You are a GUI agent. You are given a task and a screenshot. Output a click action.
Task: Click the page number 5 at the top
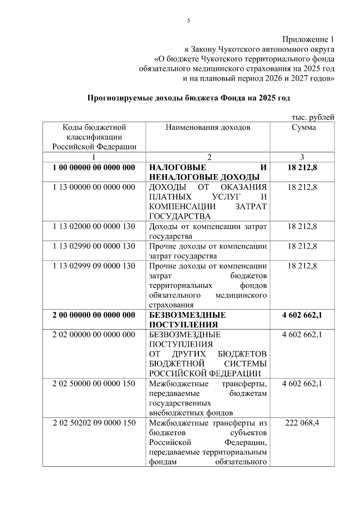[x=188, y=21]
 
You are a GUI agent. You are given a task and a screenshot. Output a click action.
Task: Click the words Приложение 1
[x=308, y=40]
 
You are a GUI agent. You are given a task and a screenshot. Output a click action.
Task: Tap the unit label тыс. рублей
[x=313, y=118]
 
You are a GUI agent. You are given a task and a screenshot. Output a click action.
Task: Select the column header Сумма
[x=304, y=127]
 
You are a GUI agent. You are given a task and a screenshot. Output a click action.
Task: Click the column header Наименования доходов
[x=208, y=127]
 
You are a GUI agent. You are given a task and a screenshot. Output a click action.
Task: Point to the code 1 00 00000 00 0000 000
[x=94, y=167]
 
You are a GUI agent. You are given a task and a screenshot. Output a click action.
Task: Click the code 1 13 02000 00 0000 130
[x=94, y=226]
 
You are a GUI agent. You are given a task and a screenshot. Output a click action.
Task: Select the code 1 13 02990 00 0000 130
[x=94, y=246]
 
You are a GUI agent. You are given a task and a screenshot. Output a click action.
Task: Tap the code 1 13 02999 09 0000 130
[x=94, y=266]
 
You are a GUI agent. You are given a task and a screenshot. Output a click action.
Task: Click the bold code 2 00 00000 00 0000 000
[x=94, y=315]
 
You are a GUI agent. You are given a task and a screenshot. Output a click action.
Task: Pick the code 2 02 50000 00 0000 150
[x=94, y=384]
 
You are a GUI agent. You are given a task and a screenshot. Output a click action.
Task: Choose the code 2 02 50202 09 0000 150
[x=94, y=423]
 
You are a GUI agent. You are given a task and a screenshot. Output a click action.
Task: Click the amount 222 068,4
[x=302, y=423]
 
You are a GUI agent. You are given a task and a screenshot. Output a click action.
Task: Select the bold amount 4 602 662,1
[x=302, y=315]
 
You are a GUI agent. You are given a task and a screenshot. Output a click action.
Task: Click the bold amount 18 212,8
[x=302, y=167]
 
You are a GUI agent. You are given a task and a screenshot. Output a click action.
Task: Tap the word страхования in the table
[x=171, y=305]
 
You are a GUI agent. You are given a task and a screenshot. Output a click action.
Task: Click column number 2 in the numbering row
[x=209, y=157]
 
